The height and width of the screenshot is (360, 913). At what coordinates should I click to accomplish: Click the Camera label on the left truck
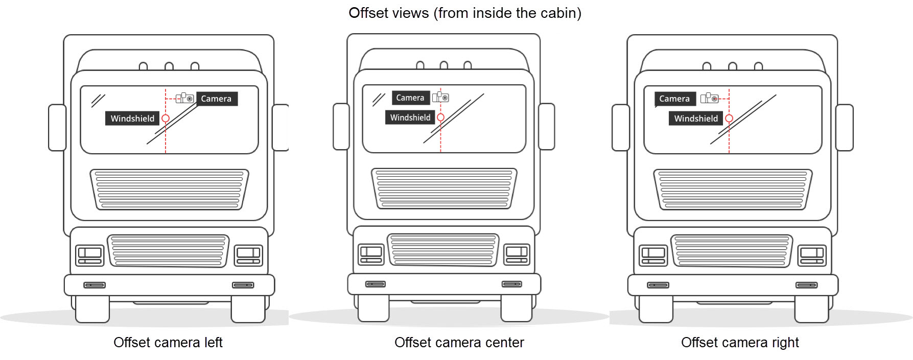(217, 99)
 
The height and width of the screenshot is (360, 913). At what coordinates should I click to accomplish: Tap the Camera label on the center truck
(410, 98)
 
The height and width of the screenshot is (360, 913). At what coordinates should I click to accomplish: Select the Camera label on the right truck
(674, 99)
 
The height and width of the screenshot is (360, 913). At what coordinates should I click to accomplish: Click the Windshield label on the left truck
(132, 118)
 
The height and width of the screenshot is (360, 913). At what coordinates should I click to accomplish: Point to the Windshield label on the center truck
(410, 117)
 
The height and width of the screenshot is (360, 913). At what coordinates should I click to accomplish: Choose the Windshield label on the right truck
(696, 118)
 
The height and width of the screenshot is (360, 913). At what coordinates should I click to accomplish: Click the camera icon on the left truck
(185, 98)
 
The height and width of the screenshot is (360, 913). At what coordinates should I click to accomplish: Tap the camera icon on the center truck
(440, 97)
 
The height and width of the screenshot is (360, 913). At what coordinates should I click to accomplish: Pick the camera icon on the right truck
(710, 98)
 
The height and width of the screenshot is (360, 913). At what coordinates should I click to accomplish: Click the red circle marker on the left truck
(166, 118)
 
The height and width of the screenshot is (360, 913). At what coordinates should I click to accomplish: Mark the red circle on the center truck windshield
(440, 117)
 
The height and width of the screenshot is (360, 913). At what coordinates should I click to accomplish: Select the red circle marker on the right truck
(729, 118)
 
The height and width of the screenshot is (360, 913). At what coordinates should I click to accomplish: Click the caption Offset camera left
(168, 342)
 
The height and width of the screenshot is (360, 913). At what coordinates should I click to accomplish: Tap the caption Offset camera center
(459, 342)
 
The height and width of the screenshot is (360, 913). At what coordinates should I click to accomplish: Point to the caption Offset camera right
(740, 342)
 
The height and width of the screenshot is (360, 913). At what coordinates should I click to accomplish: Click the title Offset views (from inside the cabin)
(465, 13)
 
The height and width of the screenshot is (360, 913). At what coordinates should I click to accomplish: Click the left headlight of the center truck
(371, 254)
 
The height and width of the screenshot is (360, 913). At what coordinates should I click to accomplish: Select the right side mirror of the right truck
(844, 128)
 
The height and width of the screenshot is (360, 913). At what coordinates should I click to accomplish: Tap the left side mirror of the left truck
(57, 128)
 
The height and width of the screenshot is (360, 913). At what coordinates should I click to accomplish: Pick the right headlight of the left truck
(248, 255)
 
